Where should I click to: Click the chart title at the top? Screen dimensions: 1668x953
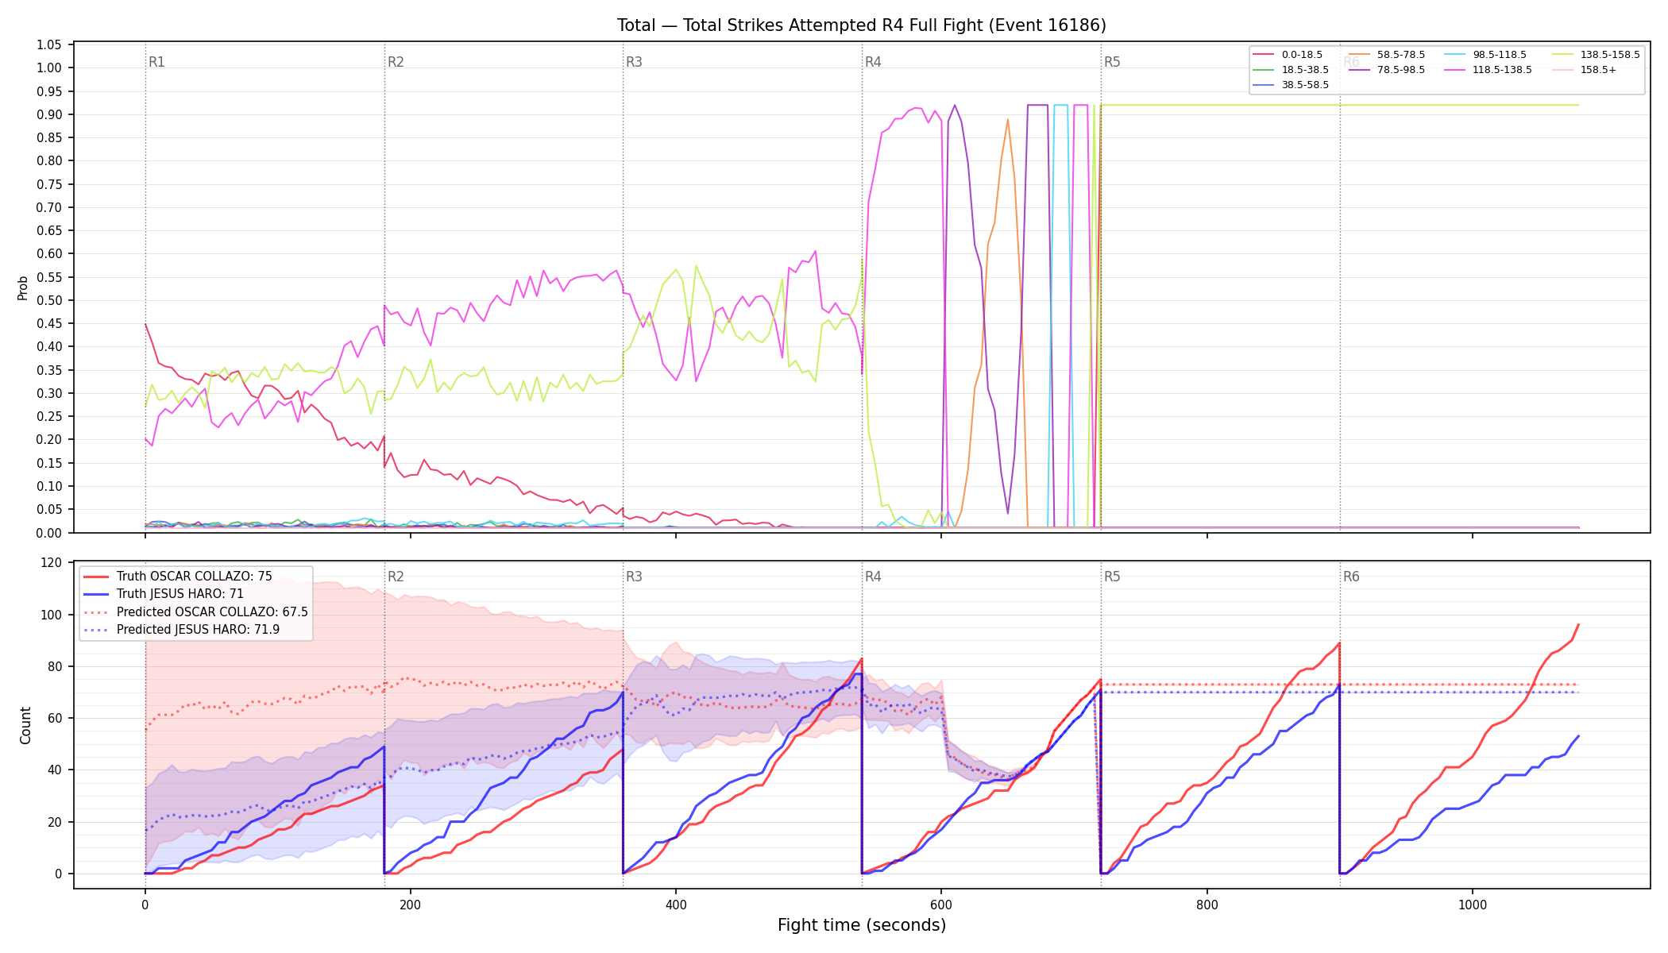(x=861, y=25)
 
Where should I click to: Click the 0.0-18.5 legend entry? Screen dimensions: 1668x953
(x=1288, y=55)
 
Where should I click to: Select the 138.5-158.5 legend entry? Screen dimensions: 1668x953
(x=1596, y=55)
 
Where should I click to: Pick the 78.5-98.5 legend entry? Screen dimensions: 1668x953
(x=1387, y=70)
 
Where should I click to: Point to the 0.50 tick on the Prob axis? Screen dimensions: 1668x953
(x=49, y=300)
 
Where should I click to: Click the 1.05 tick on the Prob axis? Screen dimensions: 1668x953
(x=49, y=44)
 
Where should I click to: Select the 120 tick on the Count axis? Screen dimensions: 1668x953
(x=52, y=562)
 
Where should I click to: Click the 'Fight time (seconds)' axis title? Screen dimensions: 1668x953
(x=862, y=925)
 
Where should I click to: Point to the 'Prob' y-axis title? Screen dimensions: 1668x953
(x=23, y=287)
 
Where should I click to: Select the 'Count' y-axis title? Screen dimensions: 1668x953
(x=25, y=725)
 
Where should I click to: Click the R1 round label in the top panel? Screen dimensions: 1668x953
(x=156, y=62)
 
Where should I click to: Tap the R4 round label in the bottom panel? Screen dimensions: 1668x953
(x=873, y=577)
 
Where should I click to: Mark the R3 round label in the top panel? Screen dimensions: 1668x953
(x=634, y=62)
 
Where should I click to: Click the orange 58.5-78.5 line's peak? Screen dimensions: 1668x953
(x=1008, y=119)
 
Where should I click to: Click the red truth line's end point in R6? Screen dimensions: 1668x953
(x=1578, y=624)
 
